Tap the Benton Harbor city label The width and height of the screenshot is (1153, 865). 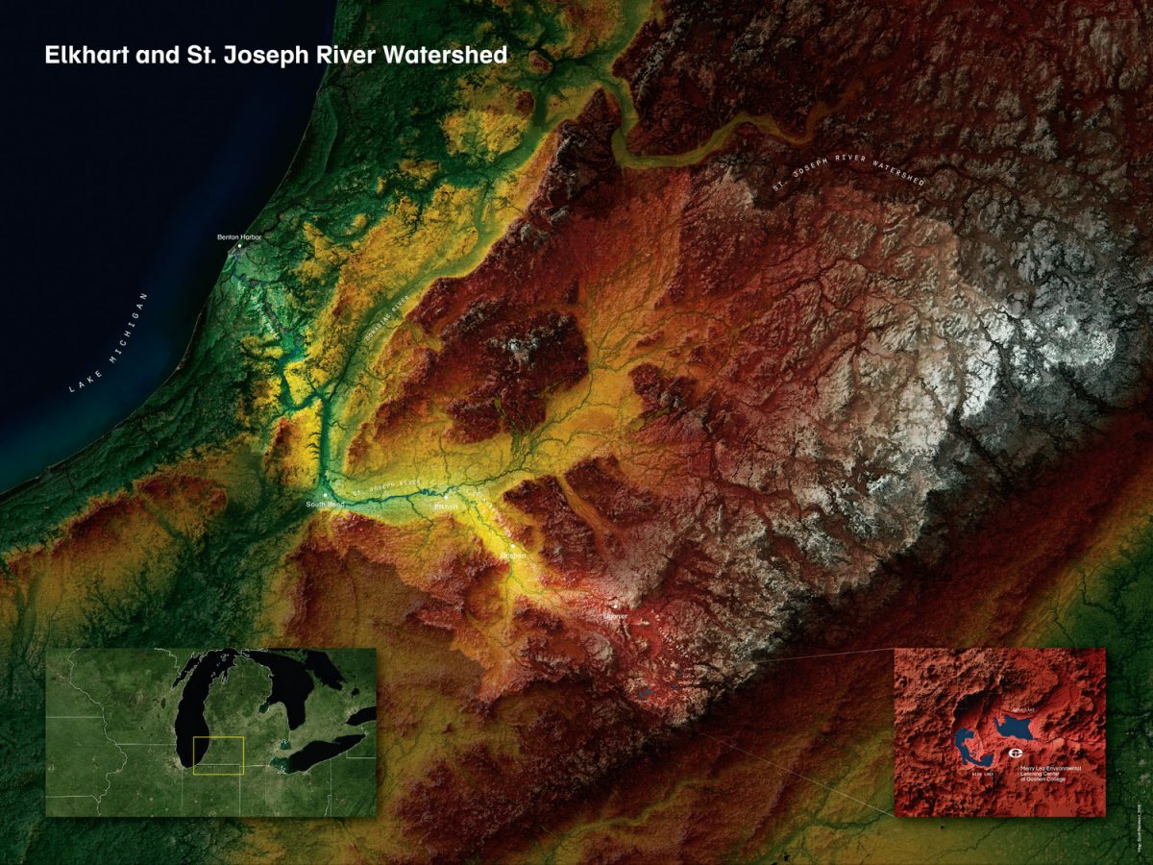tap(239, 236)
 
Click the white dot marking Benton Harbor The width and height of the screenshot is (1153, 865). tap(239, 246)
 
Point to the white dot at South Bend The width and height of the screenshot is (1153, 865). tap(325, 495)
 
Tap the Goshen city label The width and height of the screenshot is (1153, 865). tap(513, 556)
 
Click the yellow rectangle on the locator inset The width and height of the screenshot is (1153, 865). tap(218, 755)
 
